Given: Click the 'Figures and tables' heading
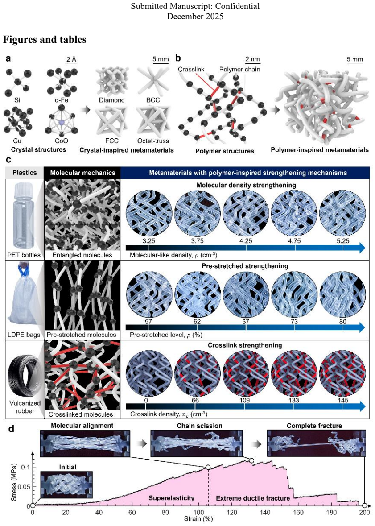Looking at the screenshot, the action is [x=45, y=40].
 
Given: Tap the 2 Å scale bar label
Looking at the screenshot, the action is [x=71, y=59].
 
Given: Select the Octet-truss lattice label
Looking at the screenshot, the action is [x=153, y=141].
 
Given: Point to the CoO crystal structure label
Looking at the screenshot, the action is [x=62, y=141].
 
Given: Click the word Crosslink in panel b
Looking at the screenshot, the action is [x=191, y=70].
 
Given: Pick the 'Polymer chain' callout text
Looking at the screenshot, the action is [x=240, y=70].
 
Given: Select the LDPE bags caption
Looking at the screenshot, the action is [x=24, y=335].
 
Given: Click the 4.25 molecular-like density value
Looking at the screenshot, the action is [x=246, y=241].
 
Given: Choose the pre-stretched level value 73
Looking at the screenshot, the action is [x=294, y=321].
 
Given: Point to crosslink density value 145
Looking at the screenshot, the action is [x=343, y=400].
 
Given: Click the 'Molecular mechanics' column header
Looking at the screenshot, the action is [x=82, y=173].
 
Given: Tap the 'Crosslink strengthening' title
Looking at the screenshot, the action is [x=245, y=345].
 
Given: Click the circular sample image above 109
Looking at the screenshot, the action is [x=246, y=373].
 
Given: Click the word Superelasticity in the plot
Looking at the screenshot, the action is [x=172, y=498].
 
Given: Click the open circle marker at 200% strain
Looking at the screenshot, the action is [x=365, y=505].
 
